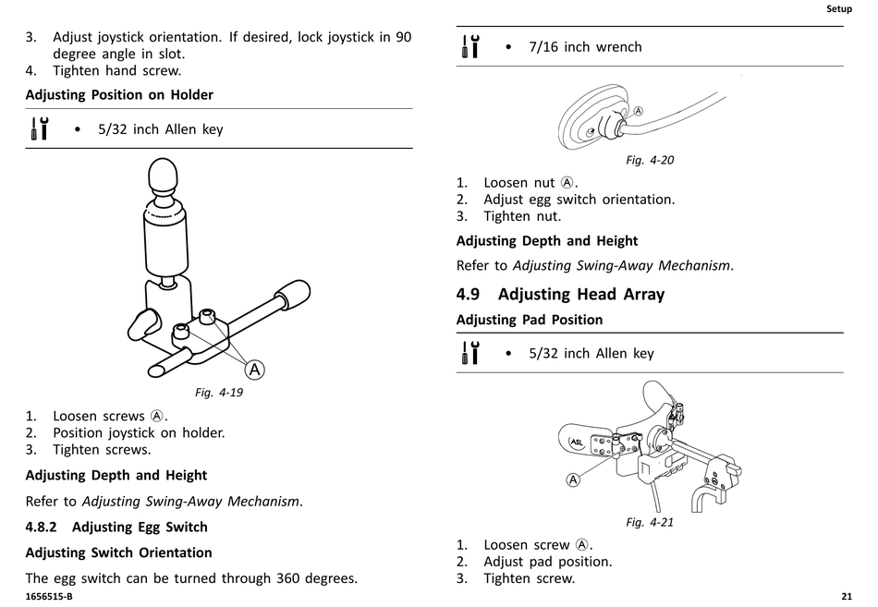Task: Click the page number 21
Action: click(x=847, y=596)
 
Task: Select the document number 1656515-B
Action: click(x=49, y=596)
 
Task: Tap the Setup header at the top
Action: click(x=838, y=9)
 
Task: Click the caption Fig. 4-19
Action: click(x=219, y=392)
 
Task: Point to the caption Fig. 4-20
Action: click(x=650, y=160)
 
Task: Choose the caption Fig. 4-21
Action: click(x=650, y=522)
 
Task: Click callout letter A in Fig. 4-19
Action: click(x=254, y=370)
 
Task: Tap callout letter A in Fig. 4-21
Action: click(x=573, y=480)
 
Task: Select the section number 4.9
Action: click(x=469, y=295)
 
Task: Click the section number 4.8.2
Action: click(x=42, y=527)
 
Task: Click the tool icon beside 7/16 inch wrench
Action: click(x=470, y=46)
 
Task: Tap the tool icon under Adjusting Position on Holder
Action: click(x=40, y=128)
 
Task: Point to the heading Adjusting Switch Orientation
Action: click(x=118, y=552)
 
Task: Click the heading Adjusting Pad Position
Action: click(x=530, y=320)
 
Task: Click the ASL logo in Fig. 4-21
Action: click(x=576, y=442)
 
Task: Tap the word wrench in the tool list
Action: click(x=618, y=46)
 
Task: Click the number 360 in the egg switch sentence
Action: click(x=291, y=578)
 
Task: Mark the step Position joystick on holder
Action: click(x=139, y=432)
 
